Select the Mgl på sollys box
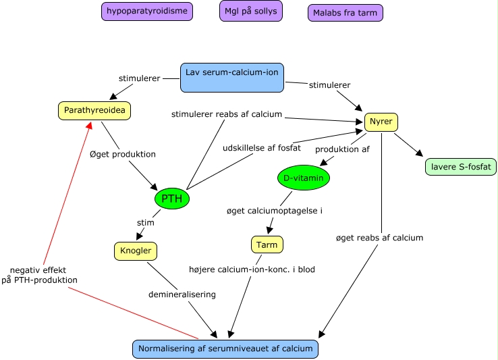[x=251, y=11]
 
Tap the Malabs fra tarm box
[x=345, y=13]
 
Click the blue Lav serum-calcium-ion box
[x=232, y=77]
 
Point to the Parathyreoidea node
[x=94, y=109]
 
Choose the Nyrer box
[x=381, y=122]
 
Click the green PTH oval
[x=172, y=199]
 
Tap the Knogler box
[x=136, y=251]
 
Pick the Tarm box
[x=267, y=244]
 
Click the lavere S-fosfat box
[x=461, y=166]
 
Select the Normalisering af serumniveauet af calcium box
[x=225, y=349]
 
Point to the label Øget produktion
[x=123, y=154]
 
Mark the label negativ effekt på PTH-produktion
[x=43, y=274]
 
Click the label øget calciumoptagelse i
[x=275, y=211]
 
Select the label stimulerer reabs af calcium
[x=226, y=114]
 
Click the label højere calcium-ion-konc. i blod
[x=252, y=269]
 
